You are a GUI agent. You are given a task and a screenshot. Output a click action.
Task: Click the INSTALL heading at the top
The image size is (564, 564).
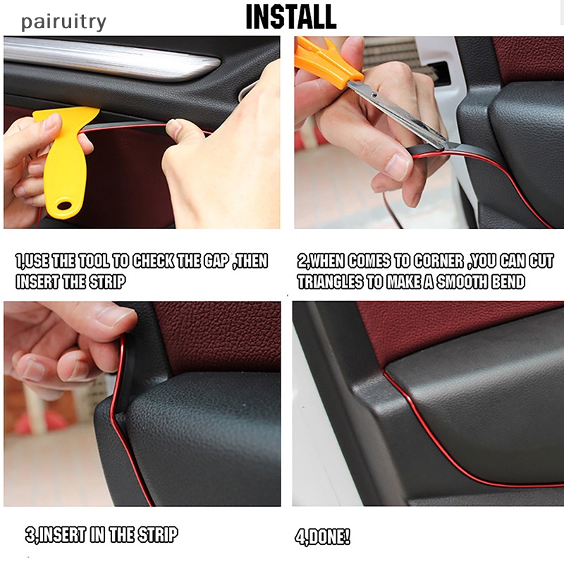point(291,17)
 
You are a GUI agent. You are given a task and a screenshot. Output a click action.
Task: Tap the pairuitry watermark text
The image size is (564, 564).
point(63,22)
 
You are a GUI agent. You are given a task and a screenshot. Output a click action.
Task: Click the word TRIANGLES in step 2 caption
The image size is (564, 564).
point(334,282)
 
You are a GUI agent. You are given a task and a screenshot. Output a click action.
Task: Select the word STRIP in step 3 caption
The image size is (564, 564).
point(154,535)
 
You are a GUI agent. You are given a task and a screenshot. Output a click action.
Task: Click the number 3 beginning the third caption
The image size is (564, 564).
point(30,535)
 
